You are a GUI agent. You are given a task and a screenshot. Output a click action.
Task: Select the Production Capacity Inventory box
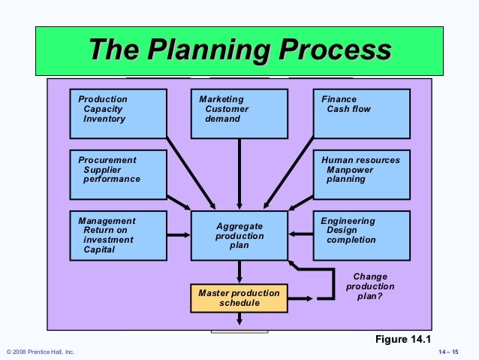coord(118,113)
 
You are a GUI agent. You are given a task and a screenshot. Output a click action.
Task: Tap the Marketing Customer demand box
coord(239,113)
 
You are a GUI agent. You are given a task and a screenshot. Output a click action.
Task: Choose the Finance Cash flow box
coord(361,113)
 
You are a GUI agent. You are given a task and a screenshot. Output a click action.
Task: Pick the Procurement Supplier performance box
coord(118,174)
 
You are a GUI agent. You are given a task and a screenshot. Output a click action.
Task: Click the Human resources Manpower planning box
coord(361,174)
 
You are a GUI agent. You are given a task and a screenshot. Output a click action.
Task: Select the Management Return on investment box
coord(118,234)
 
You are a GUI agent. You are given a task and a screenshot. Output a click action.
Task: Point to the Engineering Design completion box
coord(361,234)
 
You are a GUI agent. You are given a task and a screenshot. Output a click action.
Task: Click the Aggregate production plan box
coord(239,235)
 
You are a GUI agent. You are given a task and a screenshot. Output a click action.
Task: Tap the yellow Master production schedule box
coord(239,298)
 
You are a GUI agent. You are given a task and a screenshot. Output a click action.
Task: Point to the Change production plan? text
coord(369,286)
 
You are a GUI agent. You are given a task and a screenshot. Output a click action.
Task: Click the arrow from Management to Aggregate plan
coord(179,235)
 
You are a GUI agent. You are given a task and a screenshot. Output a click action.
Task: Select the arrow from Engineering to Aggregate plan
coord(300,235)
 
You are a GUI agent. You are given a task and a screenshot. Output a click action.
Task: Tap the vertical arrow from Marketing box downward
coord(239,173)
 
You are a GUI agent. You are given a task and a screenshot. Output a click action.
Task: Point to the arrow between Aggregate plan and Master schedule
coord(239,271)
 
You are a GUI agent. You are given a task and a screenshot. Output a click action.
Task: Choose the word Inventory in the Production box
coord(104,119)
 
